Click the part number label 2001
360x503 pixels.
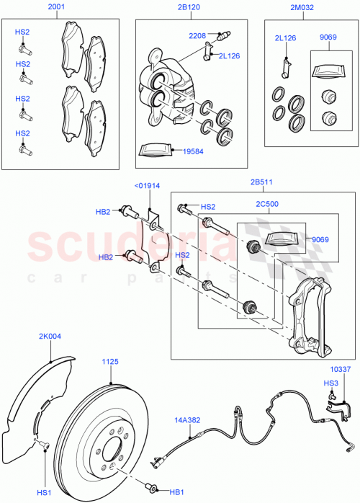55,8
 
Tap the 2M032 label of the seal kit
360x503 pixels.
300,8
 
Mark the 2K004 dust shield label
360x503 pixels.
50,335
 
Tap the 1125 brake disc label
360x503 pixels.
109,361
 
